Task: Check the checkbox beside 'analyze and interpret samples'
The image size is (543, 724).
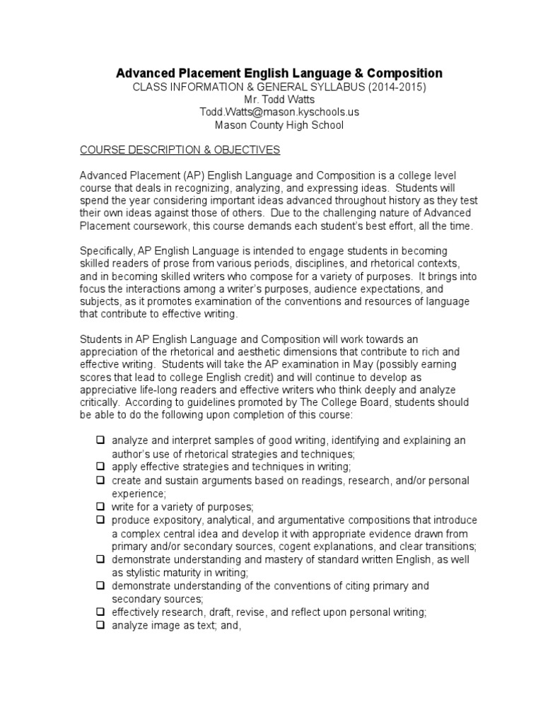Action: click(100, 440)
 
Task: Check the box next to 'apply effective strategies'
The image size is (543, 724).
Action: click(100, 467)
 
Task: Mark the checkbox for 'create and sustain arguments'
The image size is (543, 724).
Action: click(100, 480)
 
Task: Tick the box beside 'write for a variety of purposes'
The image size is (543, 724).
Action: click(100, 507)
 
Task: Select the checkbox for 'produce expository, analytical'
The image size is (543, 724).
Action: click(100, 520)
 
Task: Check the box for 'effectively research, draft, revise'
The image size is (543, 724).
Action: click(100, 612)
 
